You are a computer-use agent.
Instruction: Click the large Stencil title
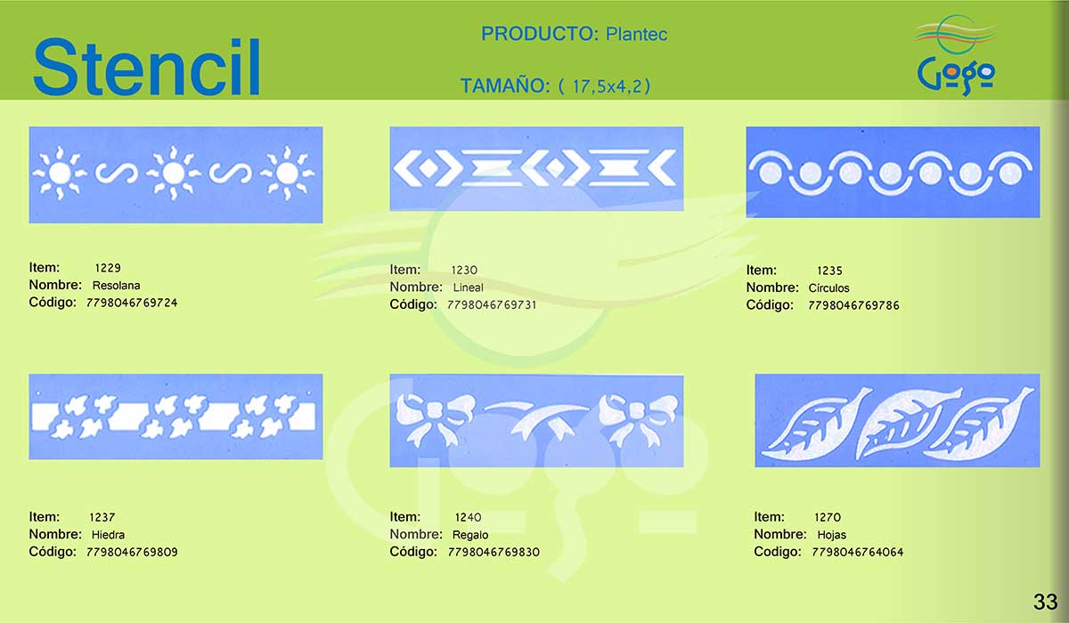point(146,67)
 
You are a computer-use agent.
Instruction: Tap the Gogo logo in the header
point(956,55)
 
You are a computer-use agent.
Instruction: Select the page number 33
point(1046,602)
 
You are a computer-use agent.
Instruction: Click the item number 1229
point(108,268)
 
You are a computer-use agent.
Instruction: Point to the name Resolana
point(116,286)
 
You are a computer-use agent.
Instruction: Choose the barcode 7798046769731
point(492,304)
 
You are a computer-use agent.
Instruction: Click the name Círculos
point(828,287)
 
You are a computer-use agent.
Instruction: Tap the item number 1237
point(102,517)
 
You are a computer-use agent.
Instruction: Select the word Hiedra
point(108,535)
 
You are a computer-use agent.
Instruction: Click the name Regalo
point(470,535)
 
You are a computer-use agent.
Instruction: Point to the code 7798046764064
point(857,552)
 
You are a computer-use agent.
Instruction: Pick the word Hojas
point(831,535)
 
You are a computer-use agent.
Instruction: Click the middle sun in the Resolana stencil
point(173,173)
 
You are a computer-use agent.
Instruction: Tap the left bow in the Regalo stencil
point(435,418)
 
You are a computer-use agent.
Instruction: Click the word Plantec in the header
point(636,35)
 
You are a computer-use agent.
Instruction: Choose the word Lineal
point(468,287)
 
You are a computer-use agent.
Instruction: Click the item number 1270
point(827,517)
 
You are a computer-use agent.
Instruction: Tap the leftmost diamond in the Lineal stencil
point(428,168)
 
